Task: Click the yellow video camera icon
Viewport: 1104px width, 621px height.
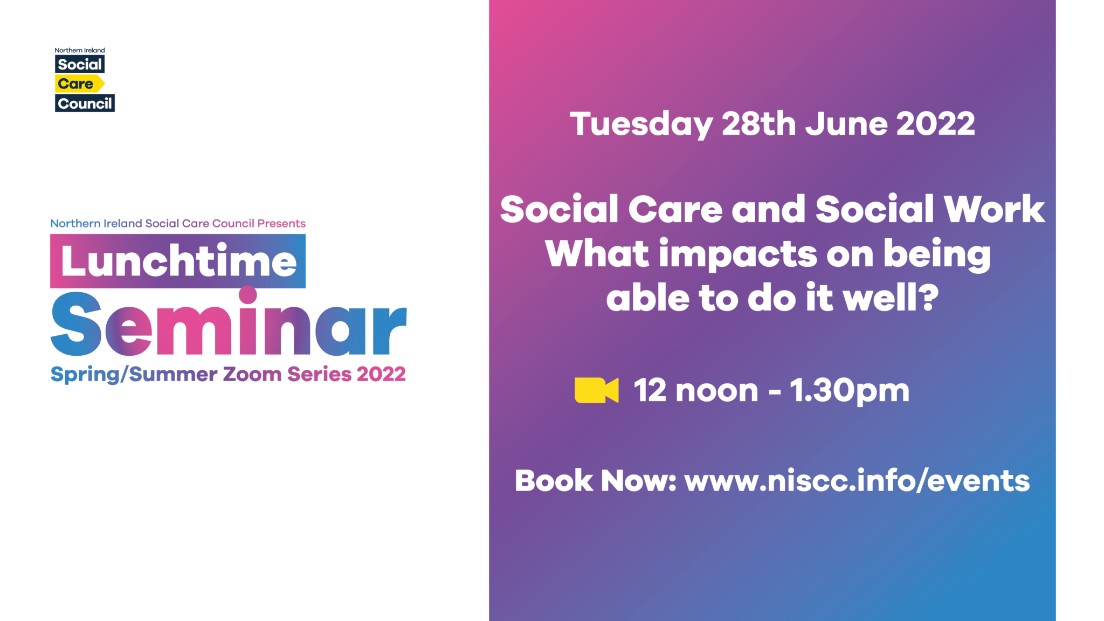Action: (x=596, y=390)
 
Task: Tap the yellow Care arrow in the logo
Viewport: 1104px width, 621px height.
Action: (x=79, y=84)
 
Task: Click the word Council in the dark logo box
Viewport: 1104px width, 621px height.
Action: (x=85, y=103)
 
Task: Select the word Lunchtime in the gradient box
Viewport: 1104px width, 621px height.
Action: (x=178, y=261)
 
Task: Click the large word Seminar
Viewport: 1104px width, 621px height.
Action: (x=229, y=323)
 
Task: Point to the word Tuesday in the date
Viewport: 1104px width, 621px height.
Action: (x=641, y=125)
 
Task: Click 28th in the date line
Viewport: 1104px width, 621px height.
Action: (x=758, y=123)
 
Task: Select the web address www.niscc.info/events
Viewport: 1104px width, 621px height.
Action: (x=857, y=481)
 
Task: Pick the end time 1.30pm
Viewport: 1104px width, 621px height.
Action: (x=850, y=391)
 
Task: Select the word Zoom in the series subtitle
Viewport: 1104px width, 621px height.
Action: (x=252, y=374)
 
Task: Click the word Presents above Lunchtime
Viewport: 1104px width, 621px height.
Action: (x=281, y=223)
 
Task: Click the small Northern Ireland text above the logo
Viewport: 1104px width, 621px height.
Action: (x=80, y=50)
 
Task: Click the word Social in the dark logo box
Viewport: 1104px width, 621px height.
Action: (x=80, y=64)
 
